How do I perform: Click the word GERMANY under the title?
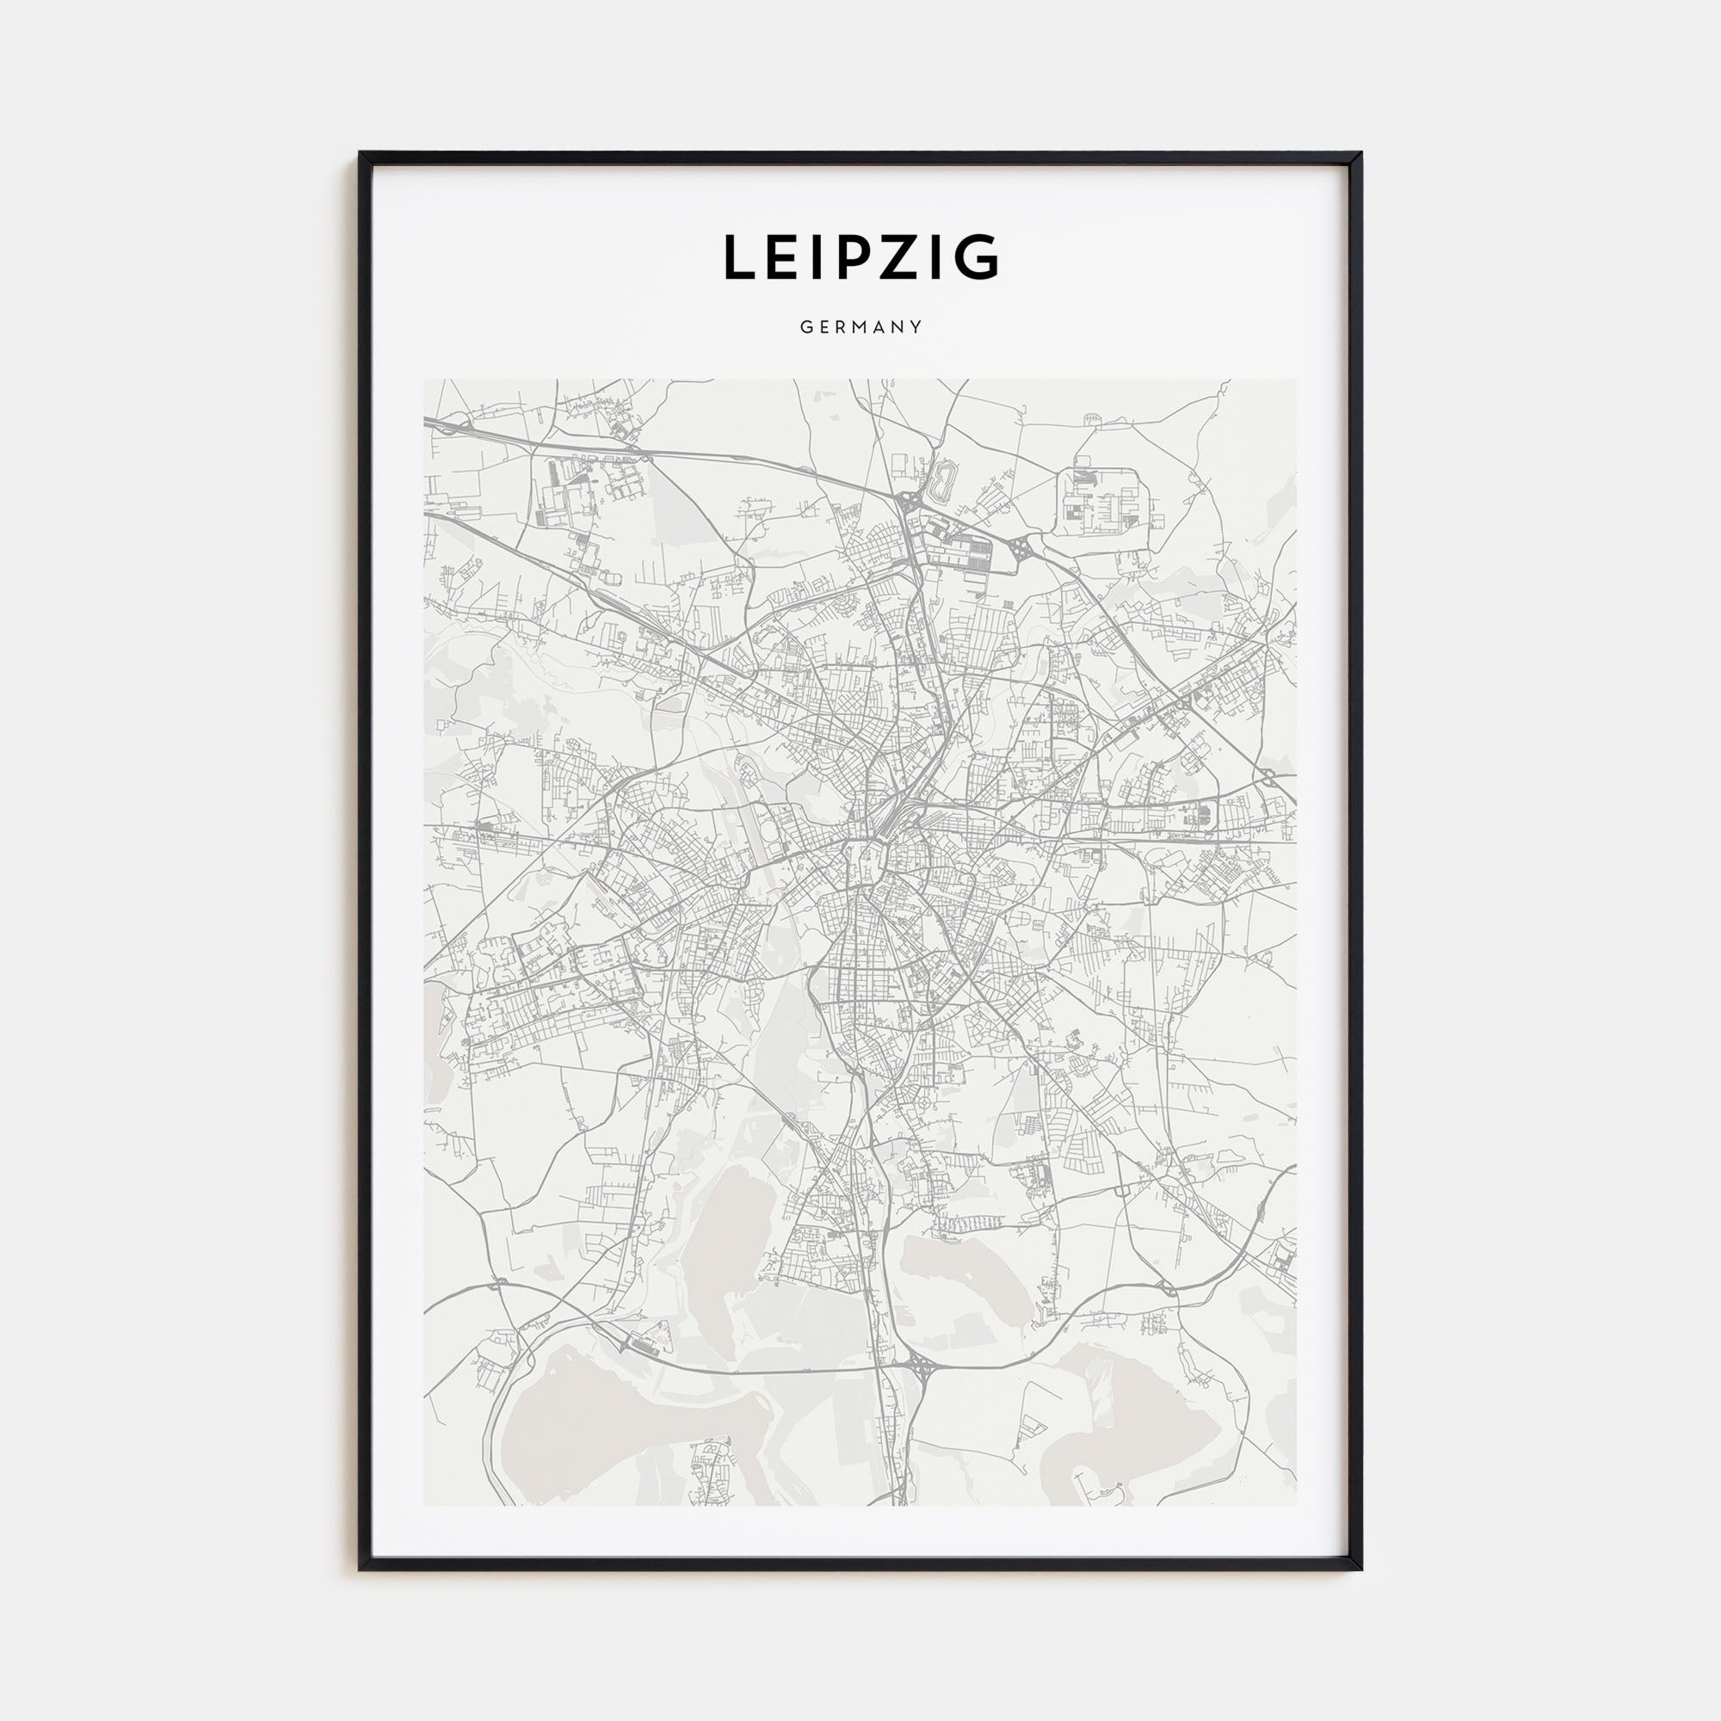coord(860,327)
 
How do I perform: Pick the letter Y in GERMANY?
coord(916,327)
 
